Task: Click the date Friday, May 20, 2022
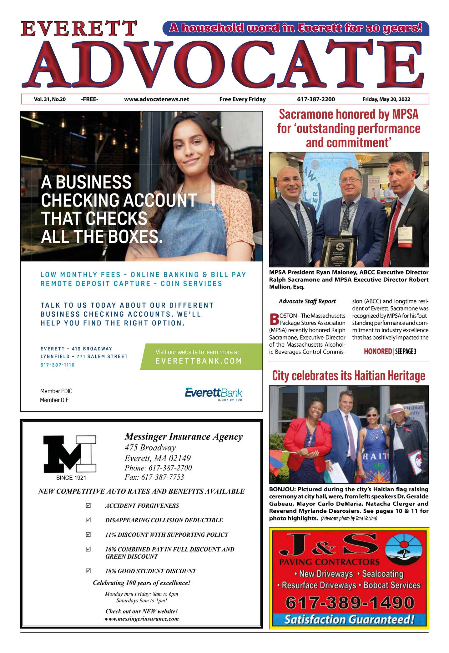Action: point(386,99)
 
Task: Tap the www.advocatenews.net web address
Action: point(157,99)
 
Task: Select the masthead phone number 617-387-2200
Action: point(316,99)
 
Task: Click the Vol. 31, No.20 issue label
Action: point(50,99)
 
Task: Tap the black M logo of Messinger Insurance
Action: point(70,454)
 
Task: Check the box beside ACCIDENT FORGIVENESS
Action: point(88,505)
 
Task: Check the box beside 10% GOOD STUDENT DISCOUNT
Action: point(88,571)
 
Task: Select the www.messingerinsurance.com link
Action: point(141,619)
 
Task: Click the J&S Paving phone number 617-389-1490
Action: point(350,603)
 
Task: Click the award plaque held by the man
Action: point(339,250)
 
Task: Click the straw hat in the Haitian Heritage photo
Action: point(401,409)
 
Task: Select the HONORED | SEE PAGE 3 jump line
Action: point(390,352)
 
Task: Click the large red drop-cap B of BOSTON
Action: point(274,319)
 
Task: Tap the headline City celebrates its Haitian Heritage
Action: point(349,376)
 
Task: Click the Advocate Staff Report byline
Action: point(307,301)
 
